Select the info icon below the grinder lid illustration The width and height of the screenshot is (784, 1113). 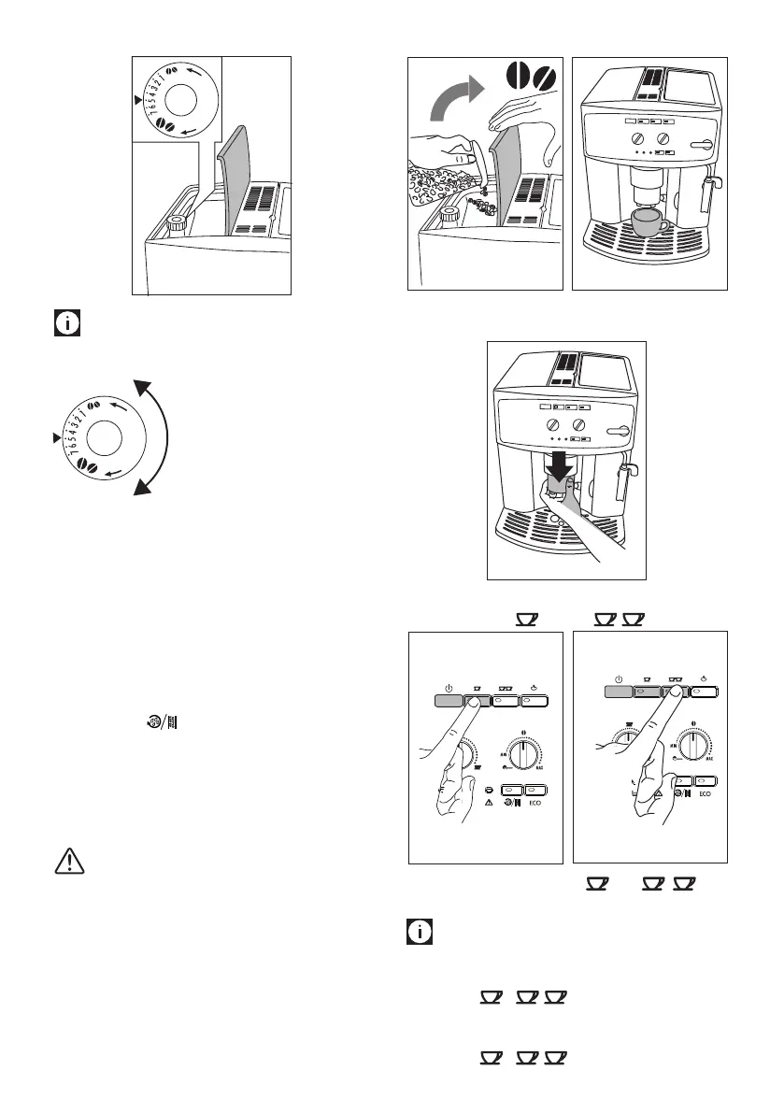click(x=68, y=325)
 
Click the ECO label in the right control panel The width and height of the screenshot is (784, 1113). click(x=705, y=792)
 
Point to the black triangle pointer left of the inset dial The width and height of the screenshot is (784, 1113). click(x=138, y=98)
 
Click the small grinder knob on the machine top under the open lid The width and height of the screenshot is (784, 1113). click(x=176, y=223)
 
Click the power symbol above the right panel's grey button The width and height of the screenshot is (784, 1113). click(x=619, y=678)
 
